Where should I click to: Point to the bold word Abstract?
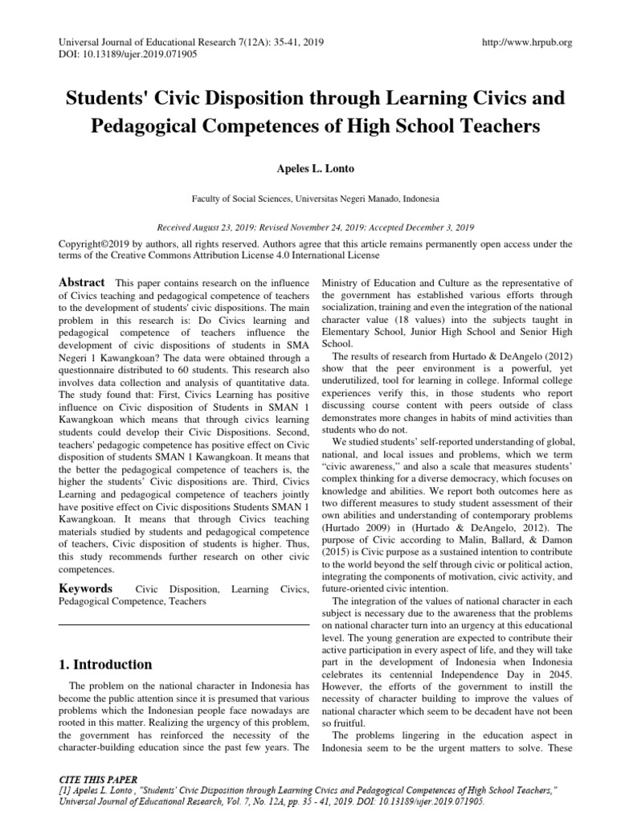(81, 282)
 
